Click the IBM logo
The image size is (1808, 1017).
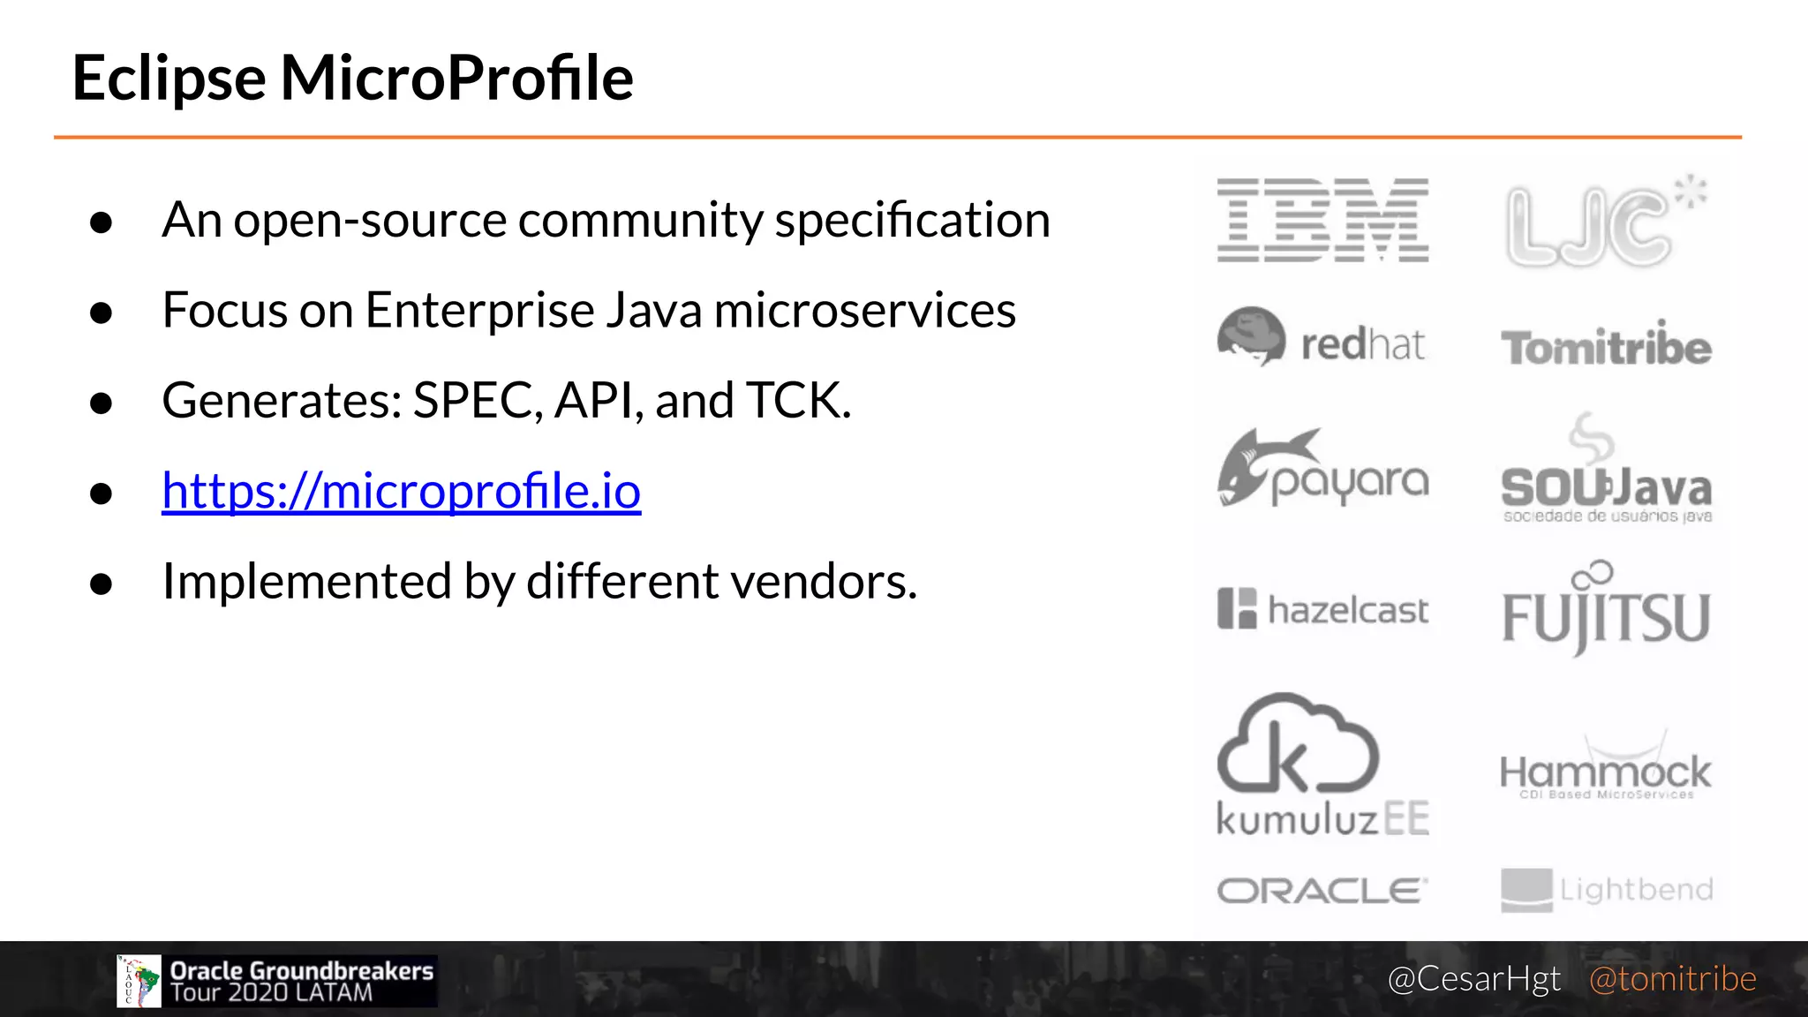1322,220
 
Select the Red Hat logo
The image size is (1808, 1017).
1321,339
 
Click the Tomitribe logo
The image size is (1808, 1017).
1606,346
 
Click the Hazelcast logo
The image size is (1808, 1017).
1322,609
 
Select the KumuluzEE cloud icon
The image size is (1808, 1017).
1296,743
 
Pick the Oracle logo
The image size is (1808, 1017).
1322,890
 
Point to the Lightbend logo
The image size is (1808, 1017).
1606,890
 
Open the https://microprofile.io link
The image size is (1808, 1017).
401,491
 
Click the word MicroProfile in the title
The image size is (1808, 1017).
456,78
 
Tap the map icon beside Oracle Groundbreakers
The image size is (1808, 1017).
139,981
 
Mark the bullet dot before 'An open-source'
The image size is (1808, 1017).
102,222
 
